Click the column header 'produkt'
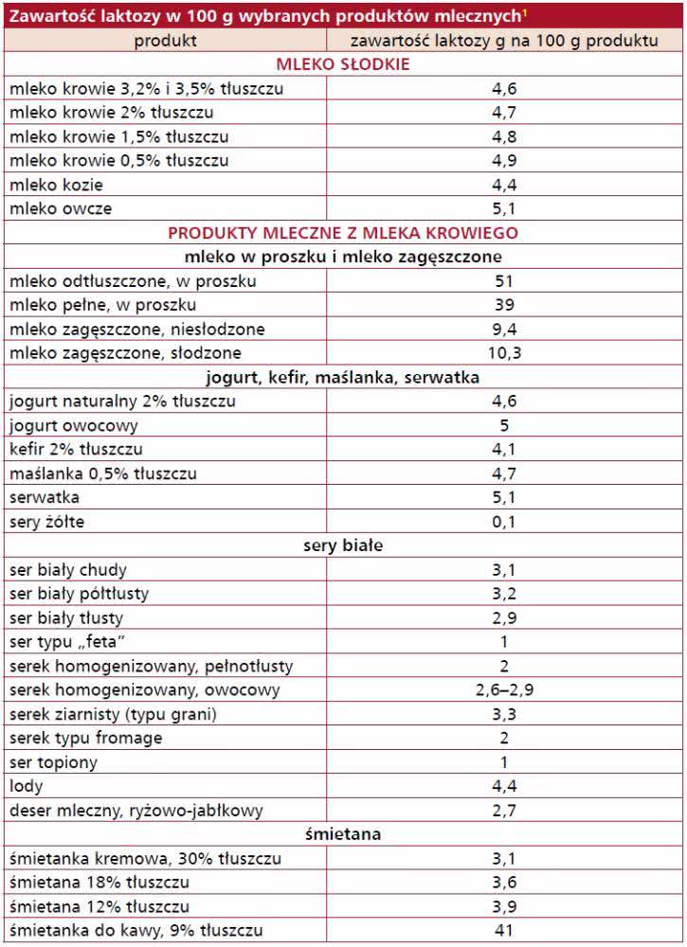point(165,40)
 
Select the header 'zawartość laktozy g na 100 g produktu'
point(504,40)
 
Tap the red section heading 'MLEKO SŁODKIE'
point(343,64)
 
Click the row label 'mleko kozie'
point(56,185)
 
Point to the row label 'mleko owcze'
point(59,208)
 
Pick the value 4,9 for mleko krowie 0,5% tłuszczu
point(504,160)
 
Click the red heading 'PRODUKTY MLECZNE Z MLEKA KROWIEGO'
point(343,233)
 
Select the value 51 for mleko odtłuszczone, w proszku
point(504,281)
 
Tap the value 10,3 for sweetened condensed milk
point(504,353)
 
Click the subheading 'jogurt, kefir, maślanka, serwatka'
point(343,378)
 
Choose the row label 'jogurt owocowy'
point(73,425)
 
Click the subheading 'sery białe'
point(343,546)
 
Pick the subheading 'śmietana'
point(343,834)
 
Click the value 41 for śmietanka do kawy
point(504,931)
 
